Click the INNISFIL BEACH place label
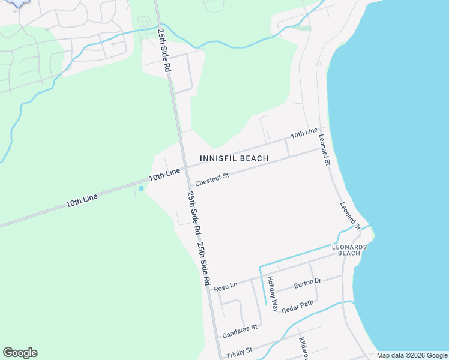tap(234, 158)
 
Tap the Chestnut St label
tap(212, 178)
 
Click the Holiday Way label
tap(273, 294)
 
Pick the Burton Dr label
tap(307, 282)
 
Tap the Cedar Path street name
tap(297, 305)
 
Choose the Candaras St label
tap(240, 329)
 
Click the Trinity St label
tap(240, 353)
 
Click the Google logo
tap(20, 353)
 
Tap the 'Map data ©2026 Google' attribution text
tap(412, 356)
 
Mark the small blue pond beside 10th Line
tap(141, 188)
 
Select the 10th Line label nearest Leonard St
tap(304, 133)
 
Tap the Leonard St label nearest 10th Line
tap(324, 150)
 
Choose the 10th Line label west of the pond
tap(82, 200)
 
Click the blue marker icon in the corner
tap(18, 2)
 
